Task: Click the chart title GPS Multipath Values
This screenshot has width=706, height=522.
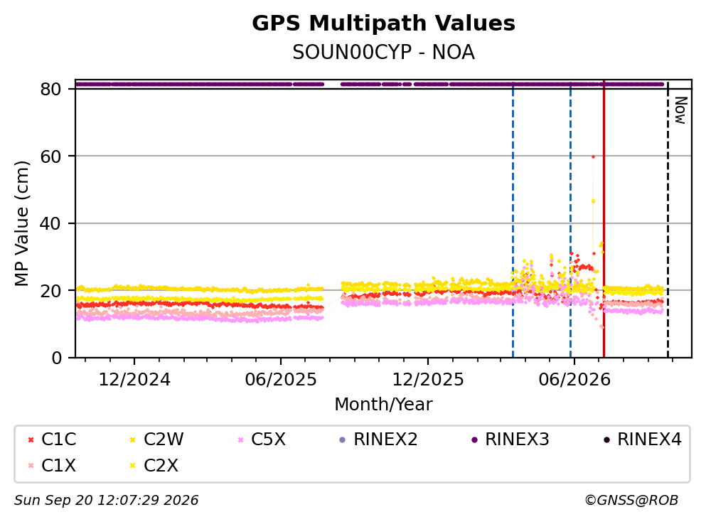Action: coord(383,23)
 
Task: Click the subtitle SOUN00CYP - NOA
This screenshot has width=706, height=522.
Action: coord(383,52)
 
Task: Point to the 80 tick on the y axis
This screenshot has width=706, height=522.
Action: coord(50,89)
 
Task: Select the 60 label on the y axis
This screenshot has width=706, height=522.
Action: coord(50,156)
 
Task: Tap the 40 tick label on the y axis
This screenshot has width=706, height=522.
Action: coord(50,223)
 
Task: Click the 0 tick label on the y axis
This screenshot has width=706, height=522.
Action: coord(56,358)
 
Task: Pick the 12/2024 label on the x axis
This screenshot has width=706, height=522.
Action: coord(134,380)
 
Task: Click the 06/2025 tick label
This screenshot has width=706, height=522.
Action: coord(281,380)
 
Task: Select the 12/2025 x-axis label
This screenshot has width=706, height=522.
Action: coord(428,380)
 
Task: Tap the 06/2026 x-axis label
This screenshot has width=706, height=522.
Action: coord(574,380)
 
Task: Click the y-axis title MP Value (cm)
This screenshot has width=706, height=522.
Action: coord(21,223)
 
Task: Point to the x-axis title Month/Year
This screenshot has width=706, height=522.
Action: coord(383,405)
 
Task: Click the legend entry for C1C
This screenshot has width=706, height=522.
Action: coord(52,439)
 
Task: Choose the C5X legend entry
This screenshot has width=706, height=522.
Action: coord(262,439)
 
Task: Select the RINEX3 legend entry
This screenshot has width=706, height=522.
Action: coord(510,439)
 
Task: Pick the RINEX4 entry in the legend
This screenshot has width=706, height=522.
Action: coord(643,439)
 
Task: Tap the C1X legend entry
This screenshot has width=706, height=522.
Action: coord(52,465)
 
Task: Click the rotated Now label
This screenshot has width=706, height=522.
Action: coord(680,110)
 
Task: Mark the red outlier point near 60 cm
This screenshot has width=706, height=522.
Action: coord(593,156)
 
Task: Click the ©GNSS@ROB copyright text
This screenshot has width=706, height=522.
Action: coord(631,500)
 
